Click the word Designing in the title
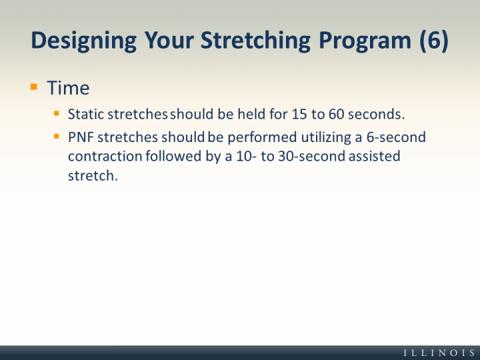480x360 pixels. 84,41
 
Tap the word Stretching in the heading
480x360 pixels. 255,41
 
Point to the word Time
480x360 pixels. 68,88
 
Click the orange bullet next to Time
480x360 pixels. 34,87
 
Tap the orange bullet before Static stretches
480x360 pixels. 56,113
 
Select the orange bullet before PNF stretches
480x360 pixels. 56,137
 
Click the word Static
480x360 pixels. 86,114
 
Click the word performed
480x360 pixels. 262,137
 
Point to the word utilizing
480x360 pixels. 326,137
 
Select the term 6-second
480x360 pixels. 396,137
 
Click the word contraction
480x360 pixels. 105,156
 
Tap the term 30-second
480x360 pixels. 311,156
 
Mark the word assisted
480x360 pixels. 375,156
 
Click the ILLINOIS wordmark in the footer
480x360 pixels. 439,353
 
